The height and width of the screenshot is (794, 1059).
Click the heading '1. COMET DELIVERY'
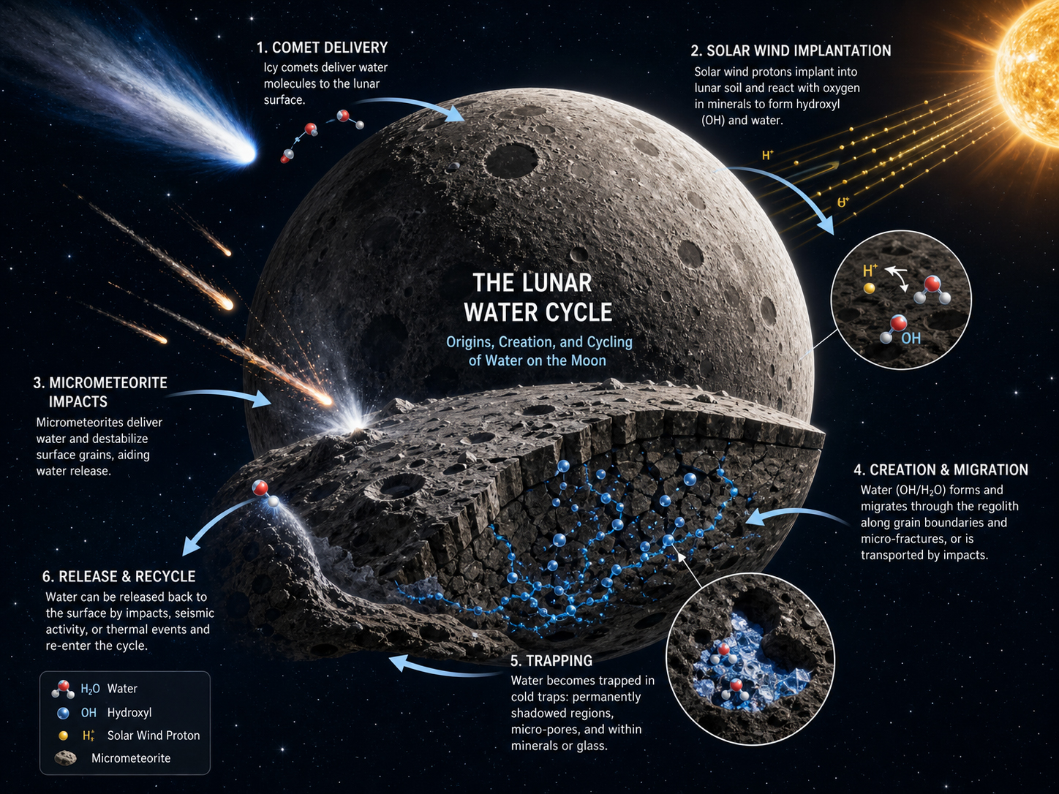(x=322, y=48)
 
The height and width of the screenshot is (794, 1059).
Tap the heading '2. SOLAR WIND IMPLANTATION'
(x=791, y=50)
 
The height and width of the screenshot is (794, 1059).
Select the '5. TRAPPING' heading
(x=551, y=660)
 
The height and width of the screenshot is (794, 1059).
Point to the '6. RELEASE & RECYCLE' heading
(x=118, y=576)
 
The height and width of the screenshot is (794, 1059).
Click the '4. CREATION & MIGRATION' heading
(x=941, y=469)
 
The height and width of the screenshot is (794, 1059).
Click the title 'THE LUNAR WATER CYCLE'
(x=538, y=298)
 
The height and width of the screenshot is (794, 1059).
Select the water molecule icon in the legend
(x=63, y=689)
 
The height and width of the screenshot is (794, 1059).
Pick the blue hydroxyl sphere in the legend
(x=63, y=713)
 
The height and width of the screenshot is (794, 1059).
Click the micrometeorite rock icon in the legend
(x=66, y=758)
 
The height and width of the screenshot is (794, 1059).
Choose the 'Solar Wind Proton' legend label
(x=154, y=736)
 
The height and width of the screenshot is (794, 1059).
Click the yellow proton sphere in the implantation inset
(x=869, y=288)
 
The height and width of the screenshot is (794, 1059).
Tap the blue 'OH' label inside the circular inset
(x=911, y=339)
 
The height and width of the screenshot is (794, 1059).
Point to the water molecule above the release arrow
(x=265, y=494)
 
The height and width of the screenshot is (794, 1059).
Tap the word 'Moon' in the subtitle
(x=589, y=360)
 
